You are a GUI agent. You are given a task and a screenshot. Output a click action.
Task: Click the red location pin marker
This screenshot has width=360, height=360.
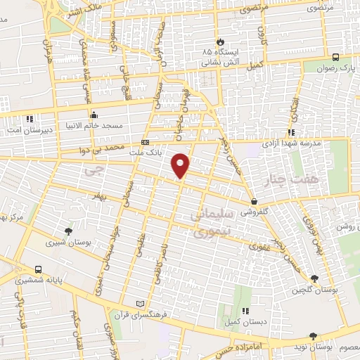pyautogui.click(x=181, y=165)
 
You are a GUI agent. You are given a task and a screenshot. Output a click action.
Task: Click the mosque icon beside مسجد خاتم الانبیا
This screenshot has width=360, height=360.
pyautogui.click(x=93, y=114)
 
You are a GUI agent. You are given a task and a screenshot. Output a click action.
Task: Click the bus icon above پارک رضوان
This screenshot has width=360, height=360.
pyautogui.click(x=335, y=58)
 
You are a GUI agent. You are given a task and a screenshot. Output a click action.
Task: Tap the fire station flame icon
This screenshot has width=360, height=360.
pyautogui.click(x=220, y=41)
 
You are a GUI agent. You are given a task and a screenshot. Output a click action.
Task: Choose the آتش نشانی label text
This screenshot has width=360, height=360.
pyautogui.click(x=219, y=62)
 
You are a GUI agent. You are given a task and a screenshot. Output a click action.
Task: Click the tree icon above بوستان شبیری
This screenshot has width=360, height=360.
pyautogui.click(x=67, y=231)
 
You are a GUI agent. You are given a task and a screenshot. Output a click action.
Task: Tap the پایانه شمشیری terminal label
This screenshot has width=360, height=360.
pyautogui.click(x=38, y=279)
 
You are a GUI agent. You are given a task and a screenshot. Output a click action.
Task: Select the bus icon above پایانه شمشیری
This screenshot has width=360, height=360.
pyautogui.click(x=38, y=269)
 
